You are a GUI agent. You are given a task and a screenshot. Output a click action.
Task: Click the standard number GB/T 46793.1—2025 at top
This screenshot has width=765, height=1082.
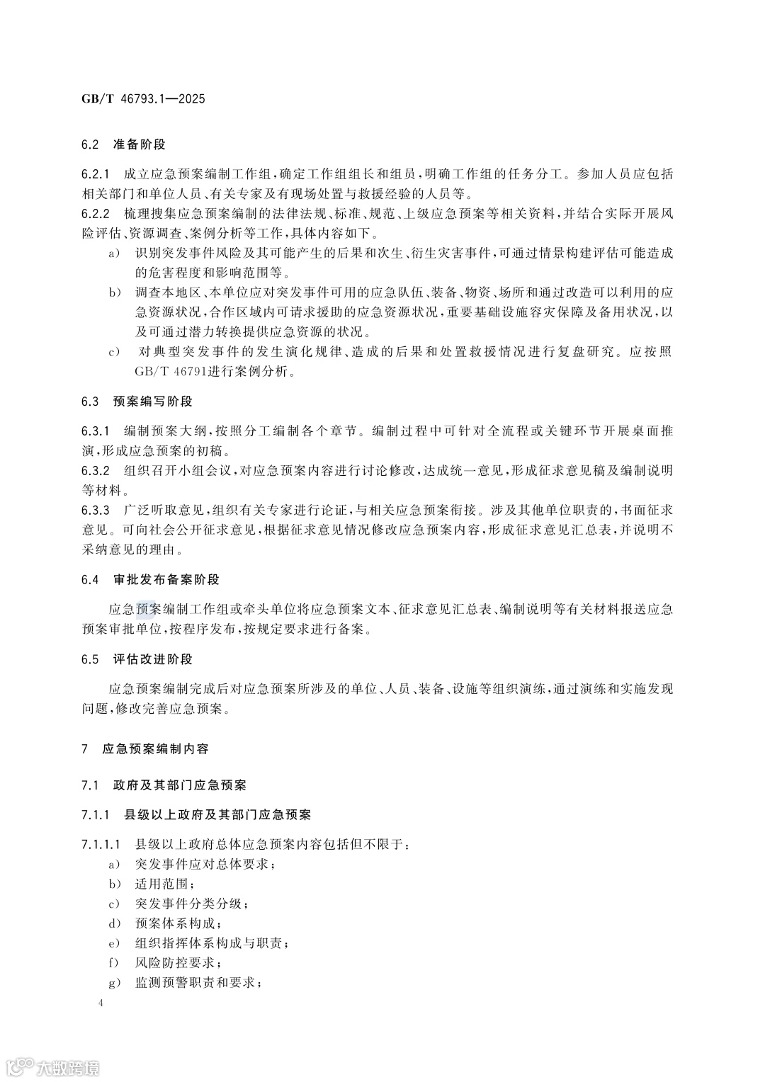point(142,99)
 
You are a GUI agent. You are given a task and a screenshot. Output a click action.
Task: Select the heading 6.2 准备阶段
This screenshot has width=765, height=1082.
point(123,144)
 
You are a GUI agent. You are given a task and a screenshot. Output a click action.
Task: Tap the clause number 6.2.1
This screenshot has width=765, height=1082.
point(96,173)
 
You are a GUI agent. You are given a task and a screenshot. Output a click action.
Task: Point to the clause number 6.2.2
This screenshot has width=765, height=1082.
point(96,214)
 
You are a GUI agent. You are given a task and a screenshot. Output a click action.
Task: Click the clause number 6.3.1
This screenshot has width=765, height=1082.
point(96,431)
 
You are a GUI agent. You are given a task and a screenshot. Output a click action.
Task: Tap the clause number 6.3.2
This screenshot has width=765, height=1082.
point(96,471)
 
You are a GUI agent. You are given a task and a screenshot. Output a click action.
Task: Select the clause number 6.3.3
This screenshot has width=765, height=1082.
point(96,510)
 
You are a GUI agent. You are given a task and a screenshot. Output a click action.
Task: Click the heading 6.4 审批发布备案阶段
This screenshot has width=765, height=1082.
point(150,579)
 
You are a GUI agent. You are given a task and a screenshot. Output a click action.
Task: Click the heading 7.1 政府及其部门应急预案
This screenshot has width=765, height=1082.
point(164,785)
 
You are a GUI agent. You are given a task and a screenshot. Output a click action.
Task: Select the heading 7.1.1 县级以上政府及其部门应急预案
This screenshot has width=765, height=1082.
point(196,815)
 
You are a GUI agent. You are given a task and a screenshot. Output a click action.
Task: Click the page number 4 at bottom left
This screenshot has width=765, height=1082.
point(101,1003)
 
